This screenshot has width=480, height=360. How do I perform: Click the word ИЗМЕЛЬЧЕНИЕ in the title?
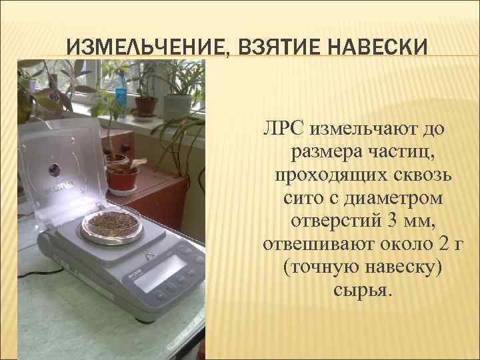click(x=147, y=47)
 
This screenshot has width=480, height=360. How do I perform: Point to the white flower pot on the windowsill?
click(x=178, y=105)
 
